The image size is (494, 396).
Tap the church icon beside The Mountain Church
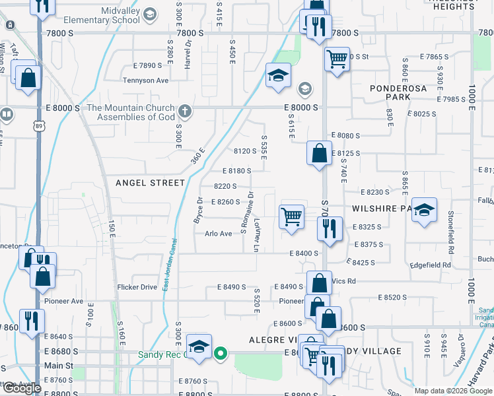[x=186, y=112]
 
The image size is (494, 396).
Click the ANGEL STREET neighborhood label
[x=150, y=182]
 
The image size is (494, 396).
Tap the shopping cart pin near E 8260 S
[x=291, y=217]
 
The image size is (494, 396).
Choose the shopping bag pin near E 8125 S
[x=319, y=153]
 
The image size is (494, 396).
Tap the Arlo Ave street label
[x=219, y=234]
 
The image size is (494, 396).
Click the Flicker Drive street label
[x=137, y=287]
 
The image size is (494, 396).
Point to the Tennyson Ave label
[x=146, y=81]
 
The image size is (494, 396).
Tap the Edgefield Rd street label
[x=432, y=265]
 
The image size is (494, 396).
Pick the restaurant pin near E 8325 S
[x=328, y=229]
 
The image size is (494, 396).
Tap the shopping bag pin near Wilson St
[x=28, y=77]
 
